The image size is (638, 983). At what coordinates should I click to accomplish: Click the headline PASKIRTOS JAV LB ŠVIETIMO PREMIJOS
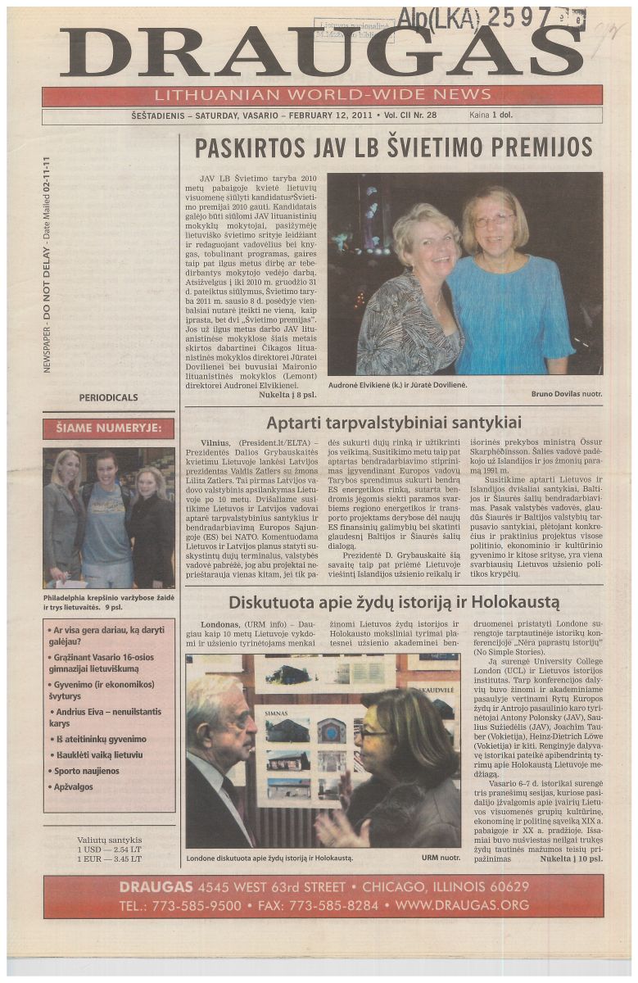393,147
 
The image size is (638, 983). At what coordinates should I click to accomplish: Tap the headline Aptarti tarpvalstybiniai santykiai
393,423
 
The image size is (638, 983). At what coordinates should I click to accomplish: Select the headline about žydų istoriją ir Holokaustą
393,603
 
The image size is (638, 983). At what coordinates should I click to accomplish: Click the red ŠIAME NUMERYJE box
108,428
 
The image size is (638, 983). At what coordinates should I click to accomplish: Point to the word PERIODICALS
108,397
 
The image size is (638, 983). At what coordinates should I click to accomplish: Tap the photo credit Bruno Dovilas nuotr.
566,394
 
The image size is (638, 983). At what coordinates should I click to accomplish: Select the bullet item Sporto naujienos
86,771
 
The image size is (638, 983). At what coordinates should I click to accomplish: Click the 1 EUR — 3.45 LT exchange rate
109,859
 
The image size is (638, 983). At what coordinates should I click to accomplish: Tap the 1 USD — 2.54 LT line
109,849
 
